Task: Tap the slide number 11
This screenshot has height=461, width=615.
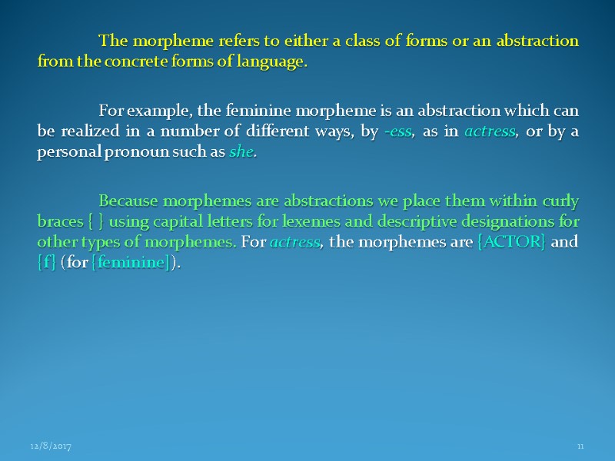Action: pos(581,446)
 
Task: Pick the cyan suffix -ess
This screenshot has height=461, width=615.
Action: pos(397,131)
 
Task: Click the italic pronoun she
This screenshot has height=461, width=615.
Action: pos(241,151)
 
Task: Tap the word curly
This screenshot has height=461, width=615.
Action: pos(560,202)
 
